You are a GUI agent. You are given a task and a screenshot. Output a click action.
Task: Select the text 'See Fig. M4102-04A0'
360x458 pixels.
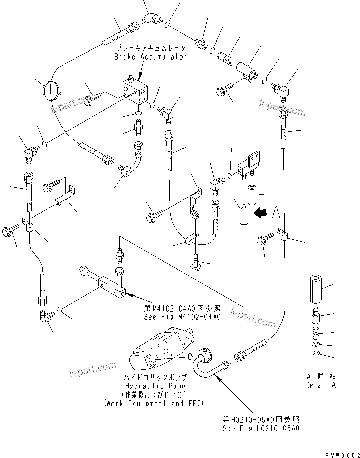click(181, 316)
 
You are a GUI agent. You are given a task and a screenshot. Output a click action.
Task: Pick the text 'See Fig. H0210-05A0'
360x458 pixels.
click(261, 429)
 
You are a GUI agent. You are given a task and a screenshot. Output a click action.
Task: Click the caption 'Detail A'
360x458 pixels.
click(321, 385)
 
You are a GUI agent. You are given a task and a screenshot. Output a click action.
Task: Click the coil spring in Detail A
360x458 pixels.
click(315, 333)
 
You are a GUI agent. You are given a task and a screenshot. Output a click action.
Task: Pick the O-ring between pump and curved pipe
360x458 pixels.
click(190, 356)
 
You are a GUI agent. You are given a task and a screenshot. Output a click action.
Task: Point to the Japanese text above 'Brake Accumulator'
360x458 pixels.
click(150, 48)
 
